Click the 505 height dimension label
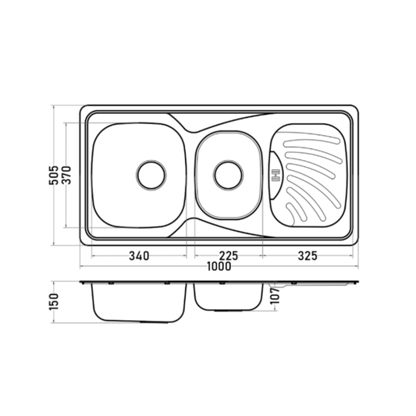54,176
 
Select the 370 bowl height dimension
66,176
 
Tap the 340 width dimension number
139,256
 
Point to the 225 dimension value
229,256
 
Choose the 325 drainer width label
308,256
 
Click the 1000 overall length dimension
219,266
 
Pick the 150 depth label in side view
54,302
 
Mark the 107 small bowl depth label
276,296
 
